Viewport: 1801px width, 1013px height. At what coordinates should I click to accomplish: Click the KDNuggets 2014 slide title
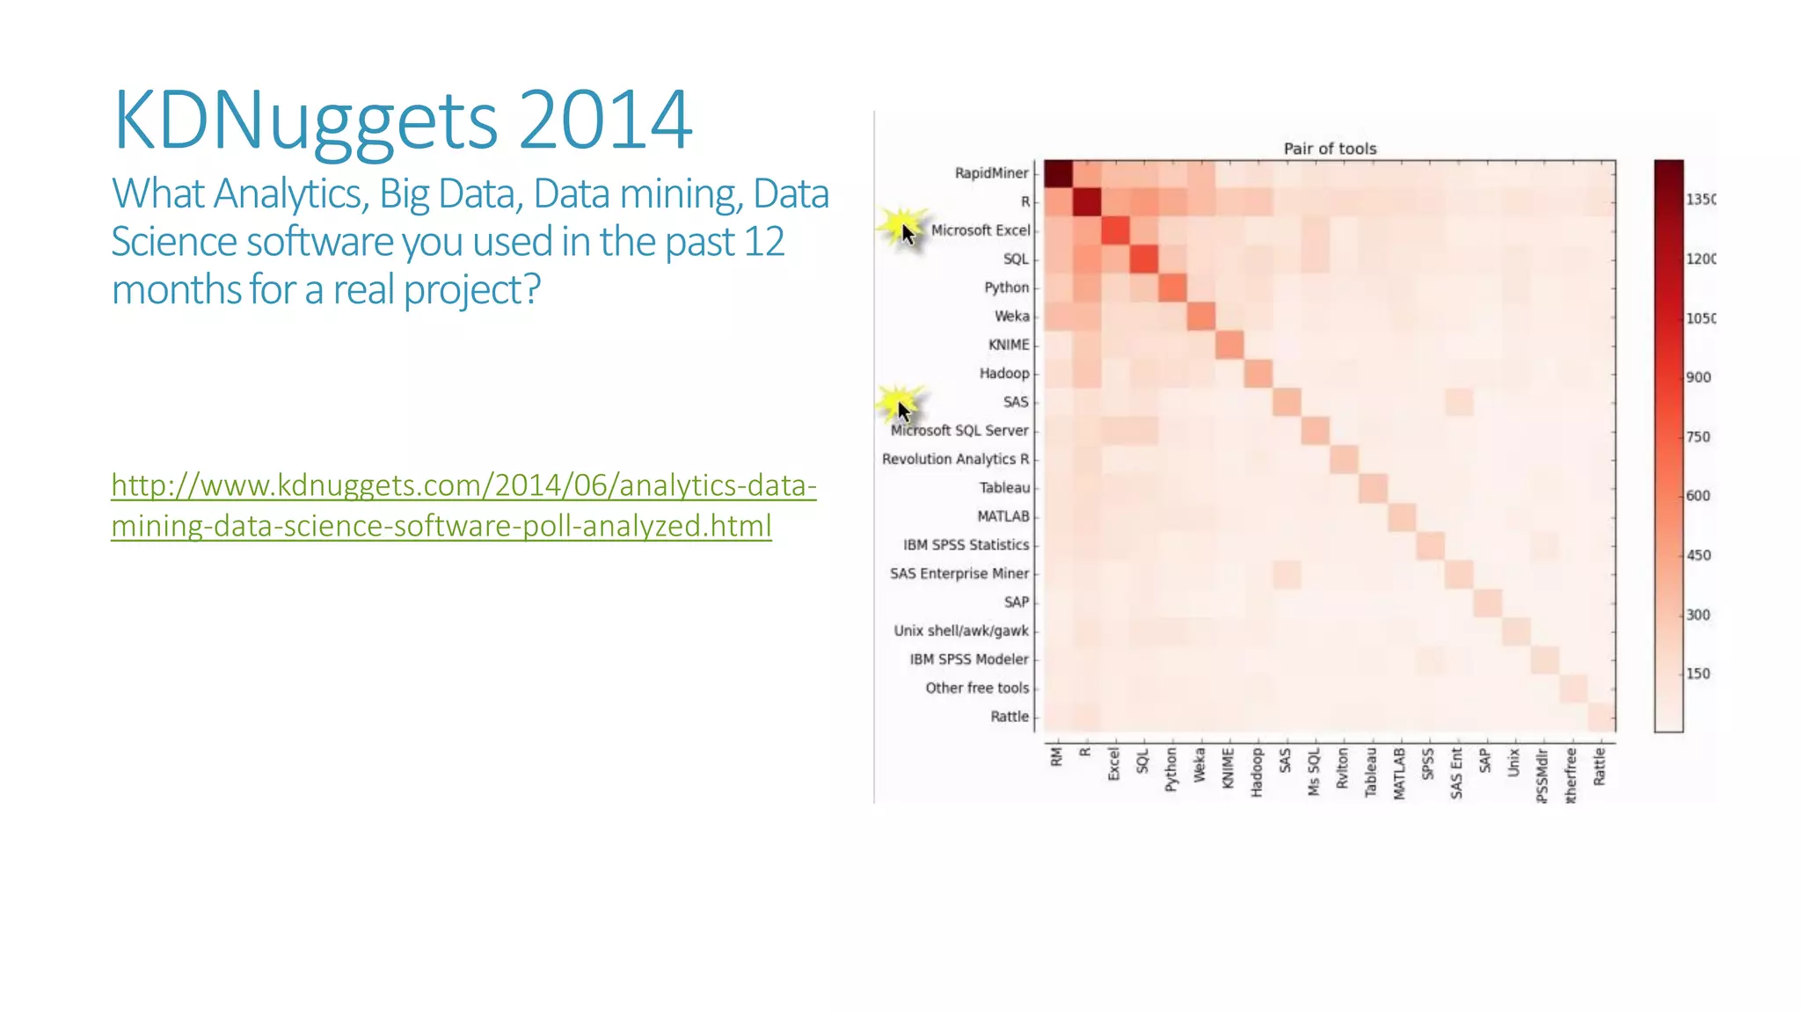tap(403, 120)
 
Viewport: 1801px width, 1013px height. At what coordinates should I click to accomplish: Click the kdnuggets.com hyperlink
tap(463, 505)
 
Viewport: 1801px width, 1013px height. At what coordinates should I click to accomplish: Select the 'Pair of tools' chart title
tap(1330, 149)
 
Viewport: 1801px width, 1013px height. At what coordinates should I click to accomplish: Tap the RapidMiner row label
tap(991, 173)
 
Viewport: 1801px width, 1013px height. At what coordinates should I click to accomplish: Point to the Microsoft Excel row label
tap(980, 230)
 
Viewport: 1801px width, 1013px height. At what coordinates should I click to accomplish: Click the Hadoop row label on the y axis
tap(1003, 374)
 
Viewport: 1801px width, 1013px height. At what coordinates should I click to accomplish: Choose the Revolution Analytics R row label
tap(955, 459)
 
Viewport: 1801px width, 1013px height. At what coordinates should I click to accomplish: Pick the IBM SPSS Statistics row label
tap(966, 545)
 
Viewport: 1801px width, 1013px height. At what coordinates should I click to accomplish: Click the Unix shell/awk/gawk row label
tap(960, 630)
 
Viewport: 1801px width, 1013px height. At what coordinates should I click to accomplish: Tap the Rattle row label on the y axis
tap(1009, 717)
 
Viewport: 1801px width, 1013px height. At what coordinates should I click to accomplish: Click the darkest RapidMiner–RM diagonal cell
tap(1058, 174)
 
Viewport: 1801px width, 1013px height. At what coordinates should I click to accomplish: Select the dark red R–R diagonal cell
tap(1087, 202)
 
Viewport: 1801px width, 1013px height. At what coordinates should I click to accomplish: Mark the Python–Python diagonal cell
tap(1172, 288)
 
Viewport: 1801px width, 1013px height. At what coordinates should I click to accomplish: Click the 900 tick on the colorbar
tap(1698, 377)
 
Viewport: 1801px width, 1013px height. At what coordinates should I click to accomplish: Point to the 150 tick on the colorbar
tap(1698, 674)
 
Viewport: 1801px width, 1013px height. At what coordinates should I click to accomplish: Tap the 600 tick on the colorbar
tap(1698, 496)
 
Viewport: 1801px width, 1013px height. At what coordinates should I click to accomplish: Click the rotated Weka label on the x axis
tap(1199, 765)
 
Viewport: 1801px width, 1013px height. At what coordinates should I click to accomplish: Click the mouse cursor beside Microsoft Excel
tap(908, 233)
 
